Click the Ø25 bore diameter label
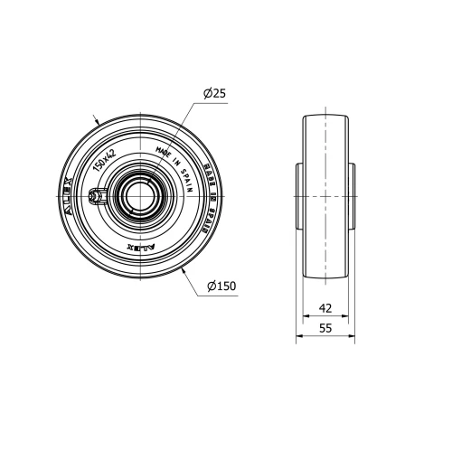coord(214,94)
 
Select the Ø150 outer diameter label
coord(221,286)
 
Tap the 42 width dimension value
coord(325,307)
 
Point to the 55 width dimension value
coord(325,330)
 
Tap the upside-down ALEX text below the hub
coord(140,244)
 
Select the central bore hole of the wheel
coord(139,193)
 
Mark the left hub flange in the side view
coord(297,194)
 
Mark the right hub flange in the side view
coord(353,194)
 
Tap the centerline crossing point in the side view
coord(325,194)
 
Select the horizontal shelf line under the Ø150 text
coord(221,295)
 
